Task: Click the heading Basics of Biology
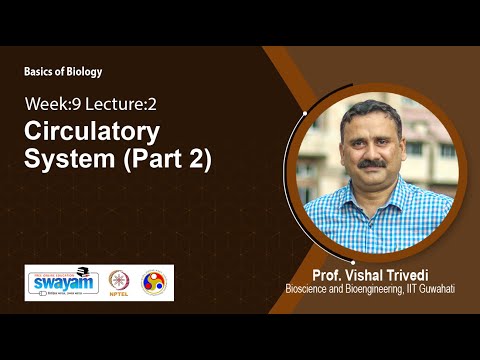point(63,72)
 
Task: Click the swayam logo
point(62,284)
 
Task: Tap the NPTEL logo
point(119,284)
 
